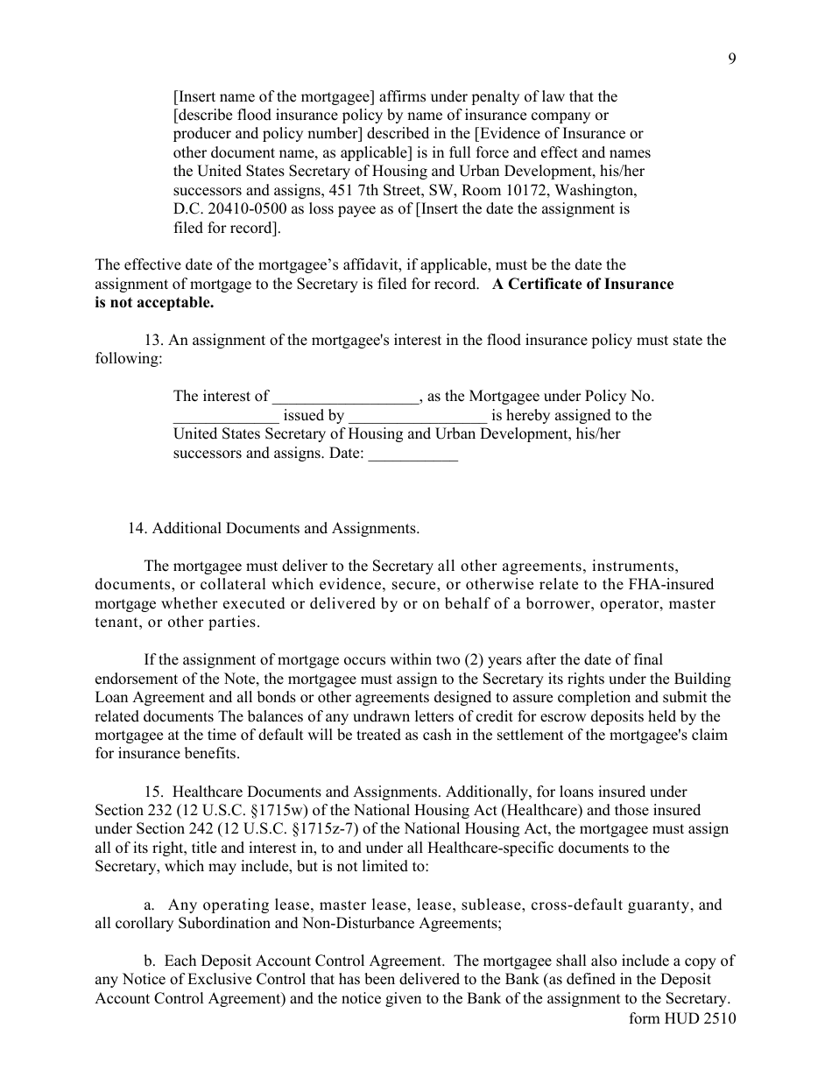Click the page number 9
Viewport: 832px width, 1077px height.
coord(731,59)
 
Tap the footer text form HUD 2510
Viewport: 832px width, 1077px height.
coord(682,1018)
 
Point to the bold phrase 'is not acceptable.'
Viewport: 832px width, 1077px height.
coord(154,303)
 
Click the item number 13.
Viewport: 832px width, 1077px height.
coord(152,340)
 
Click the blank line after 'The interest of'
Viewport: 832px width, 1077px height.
coord(346,397)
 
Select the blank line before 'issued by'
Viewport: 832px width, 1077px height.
coord(226,416)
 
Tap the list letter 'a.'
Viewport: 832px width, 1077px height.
coord(149,905)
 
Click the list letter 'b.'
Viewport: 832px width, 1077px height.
coord(149,961)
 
